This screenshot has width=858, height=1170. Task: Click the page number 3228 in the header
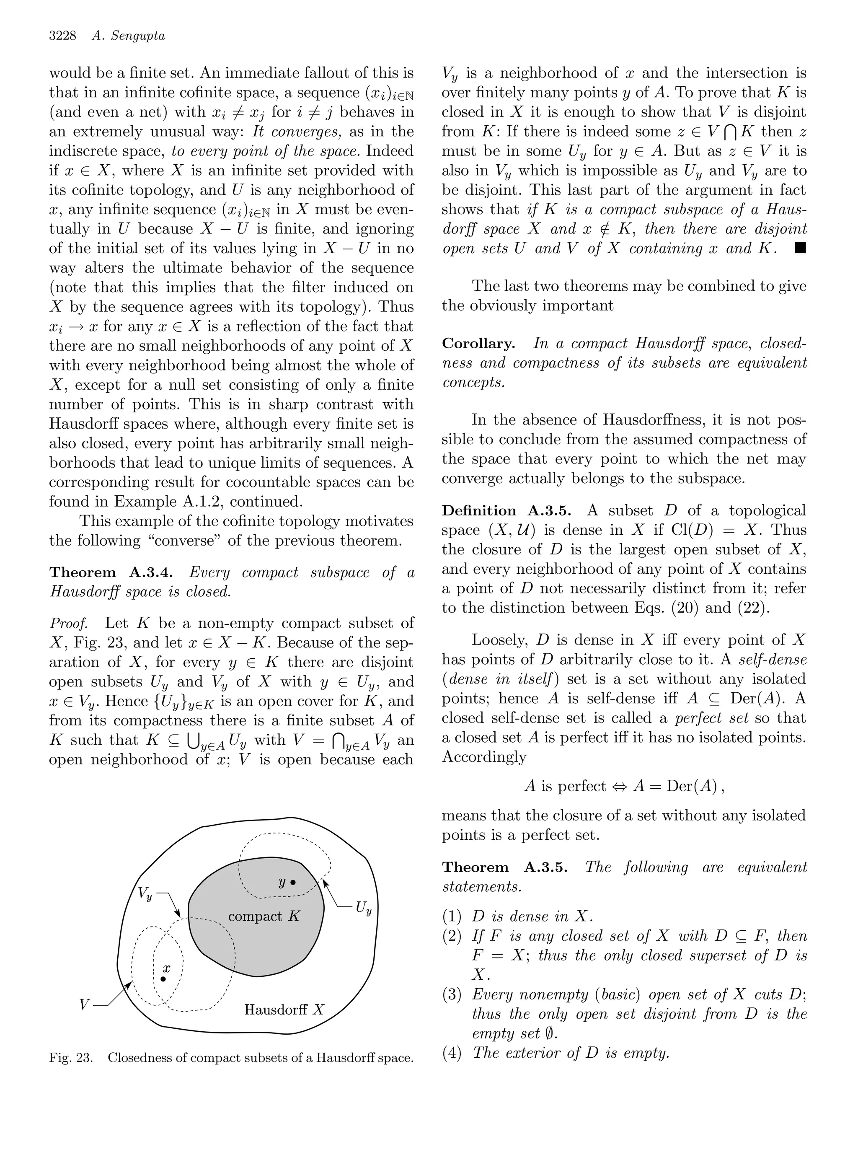[x=62, y=36]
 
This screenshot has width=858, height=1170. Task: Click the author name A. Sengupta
[x=128, y=36]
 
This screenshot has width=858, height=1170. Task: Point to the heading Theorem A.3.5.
[x=504, y=867]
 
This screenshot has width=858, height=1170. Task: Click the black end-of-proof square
[x=800, y=248]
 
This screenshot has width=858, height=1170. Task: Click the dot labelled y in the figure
[x=293, y=882]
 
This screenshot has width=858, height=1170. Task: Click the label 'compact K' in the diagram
[x=264, y=916]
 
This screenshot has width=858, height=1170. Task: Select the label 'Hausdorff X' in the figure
[x=284, y=1010]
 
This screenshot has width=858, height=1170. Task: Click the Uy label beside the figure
[x=364, y=909]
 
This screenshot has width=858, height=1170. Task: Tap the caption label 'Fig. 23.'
[x=71, y=1058]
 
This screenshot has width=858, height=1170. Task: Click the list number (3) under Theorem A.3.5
[x=452, y=994]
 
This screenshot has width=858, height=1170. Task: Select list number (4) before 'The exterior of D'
[x=452, y=1053]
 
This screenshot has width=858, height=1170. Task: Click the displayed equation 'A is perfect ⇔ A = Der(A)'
[x=624, y=786]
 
